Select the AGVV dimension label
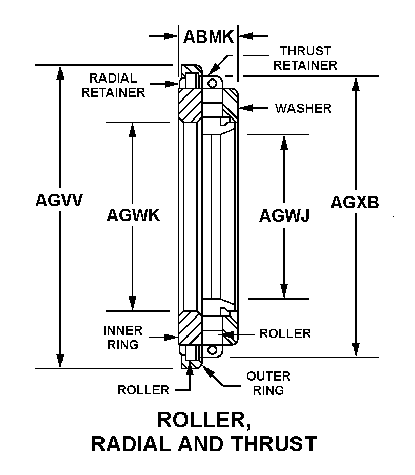(59, 200)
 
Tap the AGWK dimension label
(133, 215)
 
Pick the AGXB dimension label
(355, 203)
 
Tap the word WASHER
(303, 108)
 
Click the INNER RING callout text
(123, 337)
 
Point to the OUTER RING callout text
(268, 383)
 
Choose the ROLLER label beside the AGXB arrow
(285, 333)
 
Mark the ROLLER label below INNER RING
(143, 390)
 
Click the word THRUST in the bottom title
(278, 444)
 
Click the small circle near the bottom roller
(210, 350)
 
